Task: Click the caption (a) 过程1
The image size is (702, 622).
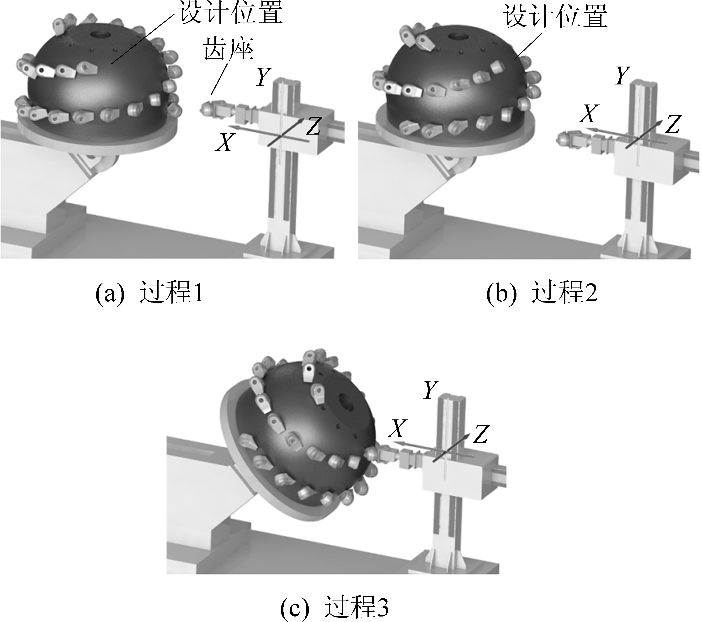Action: [x=150, y=293]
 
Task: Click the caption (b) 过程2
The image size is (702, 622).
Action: [x=542, y=293]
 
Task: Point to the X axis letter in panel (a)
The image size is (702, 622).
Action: [x=225, y=142]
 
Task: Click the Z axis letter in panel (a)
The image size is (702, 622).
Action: [x=313, y=126]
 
